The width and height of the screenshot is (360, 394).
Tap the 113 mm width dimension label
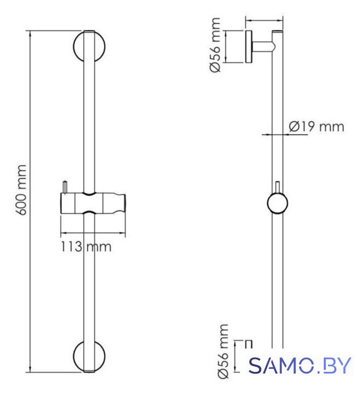[86, 246]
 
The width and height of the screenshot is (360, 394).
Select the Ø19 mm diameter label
[316, 126]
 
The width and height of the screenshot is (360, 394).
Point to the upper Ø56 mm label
[215, 45]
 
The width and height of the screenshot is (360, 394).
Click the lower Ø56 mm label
[223, 352]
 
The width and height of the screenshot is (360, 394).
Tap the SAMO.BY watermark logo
[300, 365]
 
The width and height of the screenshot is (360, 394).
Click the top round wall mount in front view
[89, 47]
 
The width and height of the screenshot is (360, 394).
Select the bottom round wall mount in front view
[89, 356]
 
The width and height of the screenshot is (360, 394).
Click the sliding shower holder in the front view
[93, 203]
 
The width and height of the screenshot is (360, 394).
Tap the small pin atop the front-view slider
[65, 187]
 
